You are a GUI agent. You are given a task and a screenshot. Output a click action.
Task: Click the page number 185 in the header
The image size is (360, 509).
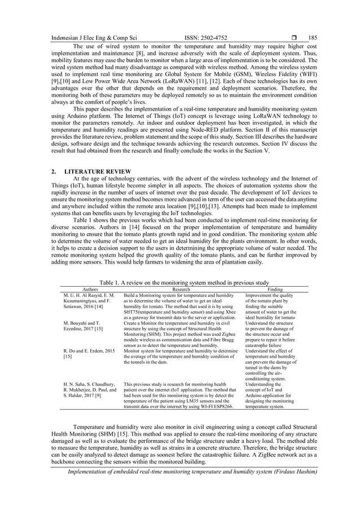click(x=313, y=38)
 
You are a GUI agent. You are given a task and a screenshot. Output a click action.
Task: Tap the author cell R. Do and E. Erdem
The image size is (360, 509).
click(x=85, y=354)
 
